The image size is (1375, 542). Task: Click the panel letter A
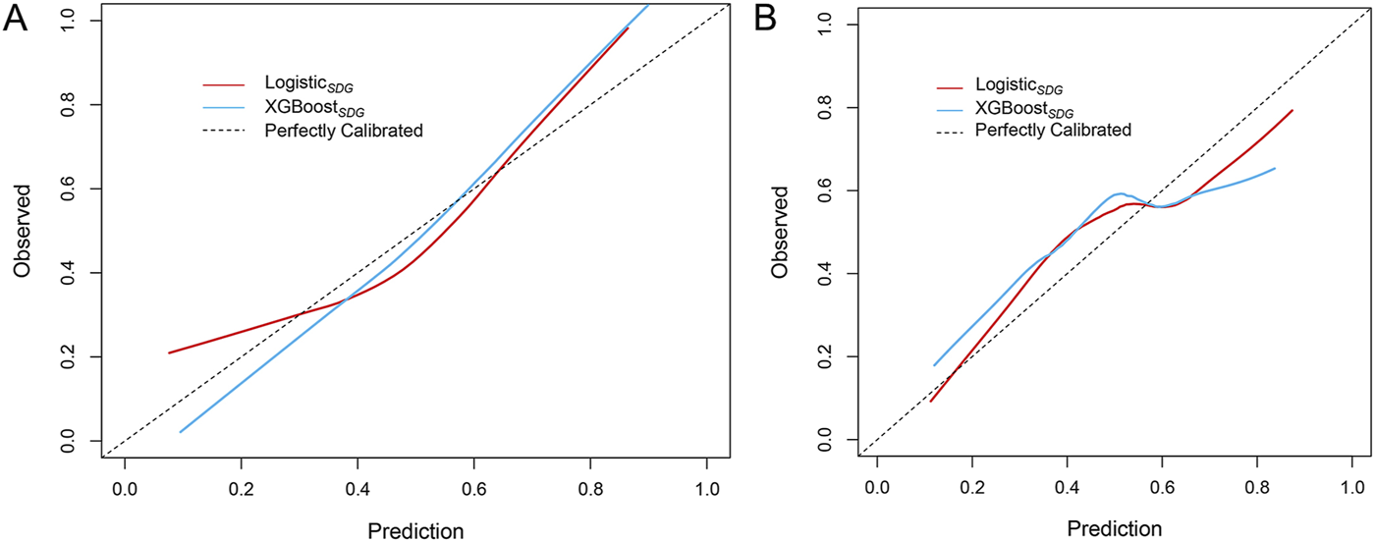(x=16, y=19)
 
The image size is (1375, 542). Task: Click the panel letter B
(x=770, y=19)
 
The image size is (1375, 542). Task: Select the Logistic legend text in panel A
(x=301, y=85)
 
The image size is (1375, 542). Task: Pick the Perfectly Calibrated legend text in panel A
(x=344, y=131)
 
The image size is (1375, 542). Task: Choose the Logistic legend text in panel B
(x=1017, y=85)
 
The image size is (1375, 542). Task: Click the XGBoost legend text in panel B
(x=1022, y=108)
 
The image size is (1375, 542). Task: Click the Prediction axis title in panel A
(x=415, y=531)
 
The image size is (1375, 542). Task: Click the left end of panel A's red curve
(x=169, y=352)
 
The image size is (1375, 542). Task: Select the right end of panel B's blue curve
(x=1275, y=168)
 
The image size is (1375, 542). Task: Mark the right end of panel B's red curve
(x=1292, y=110)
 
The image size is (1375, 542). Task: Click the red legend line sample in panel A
(x=223, y=85)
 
